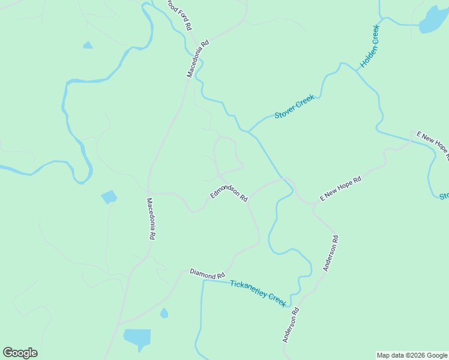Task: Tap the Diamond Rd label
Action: (x=207, y=274)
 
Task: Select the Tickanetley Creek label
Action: (x=259, y=292)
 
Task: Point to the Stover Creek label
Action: (x=295, y=106)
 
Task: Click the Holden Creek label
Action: (x=369, y=47)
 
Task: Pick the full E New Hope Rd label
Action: (x=340, y=188)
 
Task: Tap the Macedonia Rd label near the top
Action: (x=197, y=59)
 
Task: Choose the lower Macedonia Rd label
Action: (x=151, y=219)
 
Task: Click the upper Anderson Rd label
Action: (x=331, y=253)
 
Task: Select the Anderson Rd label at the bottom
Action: (x=291, y=325)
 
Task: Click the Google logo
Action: (x=20, y=353)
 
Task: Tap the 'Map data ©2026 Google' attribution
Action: (x=412, y=355)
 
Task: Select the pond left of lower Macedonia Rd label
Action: (x=109, y=197)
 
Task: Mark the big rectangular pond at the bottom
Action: (x=137, y=338)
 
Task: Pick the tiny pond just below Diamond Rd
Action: (x=164, y=313)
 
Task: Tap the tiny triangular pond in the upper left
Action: (x=88, y=45)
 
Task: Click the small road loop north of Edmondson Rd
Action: (x=228, y=157)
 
